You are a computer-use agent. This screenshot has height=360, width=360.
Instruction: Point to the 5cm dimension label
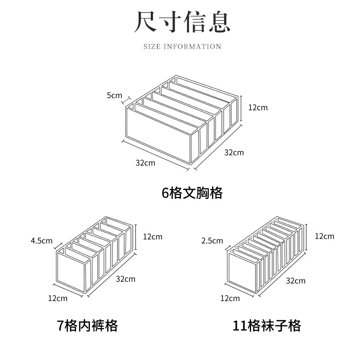114,95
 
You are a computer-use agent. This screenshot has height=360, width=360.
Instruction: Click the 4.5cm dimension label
41,241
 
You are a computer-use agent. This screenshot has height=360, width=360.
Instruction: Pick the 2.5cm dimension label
212,241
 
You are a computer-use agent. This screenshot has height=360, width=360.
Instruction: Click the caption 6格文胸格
192,193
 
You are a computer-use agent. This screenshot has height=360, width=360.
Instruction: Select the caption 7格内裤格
87,325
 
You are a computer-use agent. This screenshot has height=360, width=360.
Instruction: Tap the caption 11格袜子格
267,325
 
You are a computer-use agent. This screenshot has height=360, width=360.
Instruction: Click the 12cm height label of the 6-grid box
257,108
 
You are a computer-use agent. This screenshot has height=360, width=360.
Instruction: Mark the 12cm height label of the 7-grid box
153,237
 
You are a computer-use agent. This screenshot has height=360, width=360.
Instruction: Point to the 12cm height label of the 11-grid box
324,236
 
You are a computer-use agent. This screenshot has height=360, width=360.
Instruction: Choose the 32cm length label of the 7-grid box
126,279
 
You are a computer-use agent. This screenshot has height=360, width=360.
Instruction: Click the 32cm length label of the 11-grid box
296,281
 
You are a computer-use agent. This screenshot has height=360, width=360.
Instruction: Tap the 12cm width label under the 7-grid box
58,298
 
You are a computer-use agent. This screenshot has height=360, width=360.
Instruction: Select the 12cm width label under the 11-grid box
230,298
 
